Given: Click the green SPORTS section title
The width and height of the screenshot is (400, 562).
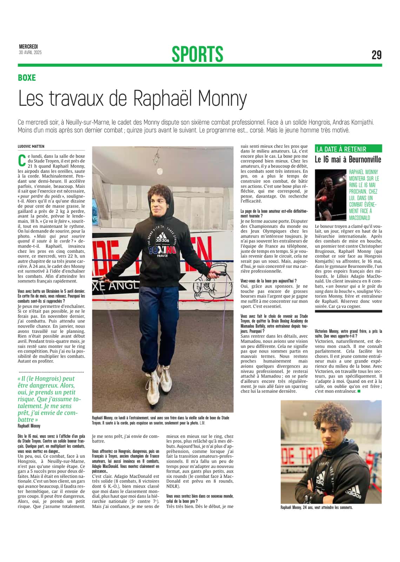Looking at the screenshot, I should pyautogui.click(x=197, y=54).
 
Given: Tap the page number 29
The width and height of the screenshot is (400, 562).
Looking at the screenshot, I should pyautogui.click(x=376, y=55).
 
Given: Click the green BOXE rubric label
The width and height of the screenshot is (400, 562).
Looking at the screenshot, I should pyautogui.click(x=27, y=78).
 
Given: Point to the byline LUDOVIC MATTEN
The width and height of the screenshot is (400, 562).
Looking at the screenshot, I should pyautogui.click(x=31, y=146).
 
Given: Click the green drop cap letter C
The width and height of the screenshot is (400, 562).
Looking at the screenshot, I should pyautogui.click(x=22, y=160).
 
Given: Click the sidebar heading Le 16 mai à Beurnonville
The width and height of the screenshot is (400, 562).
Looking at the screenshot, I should pyautogui.click(x=348, y=159).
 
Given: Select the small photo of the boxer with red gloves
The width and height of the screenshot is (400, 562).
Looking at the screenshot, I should pyautogui.click(x=330, y=194).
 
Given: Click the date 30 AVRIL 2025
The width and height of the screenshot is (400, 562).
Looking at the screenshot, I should pyautogui.click(x=30, y=53).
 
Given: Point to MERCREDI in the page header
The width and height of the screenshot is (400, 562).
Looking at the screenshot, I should pyautogui.click(x=28, y=47).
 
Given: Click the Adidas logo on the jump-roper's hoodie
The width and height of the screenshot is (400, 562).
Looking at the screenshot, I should pyautogui.click(x=162, y=239).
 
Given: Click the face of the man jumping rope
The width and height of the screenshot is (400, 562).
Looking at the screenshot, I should pyautogui.click(x=160, y=204).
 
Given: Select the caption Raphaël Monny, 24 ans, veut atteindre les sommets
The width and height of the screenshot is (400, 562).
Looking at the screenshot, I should pyautogui.click(x=316, y=507).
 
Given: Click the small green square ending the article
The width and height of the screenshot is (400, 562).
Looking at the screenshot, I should pyautogui.click(x=359, y=391).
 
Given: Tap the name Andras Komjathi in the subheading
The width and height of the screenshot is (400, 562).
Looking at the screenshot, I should pyautogui.click(x=353, y=122).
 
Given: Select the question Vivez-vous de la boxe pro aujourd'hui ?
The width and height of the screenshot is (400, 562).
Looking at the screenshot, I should pyautogui.click(x=268, y=281).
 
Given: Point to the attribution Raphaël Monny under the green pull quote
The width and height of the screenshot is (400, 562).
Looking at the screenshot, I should pyautogui.click(x=29, y=426).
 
